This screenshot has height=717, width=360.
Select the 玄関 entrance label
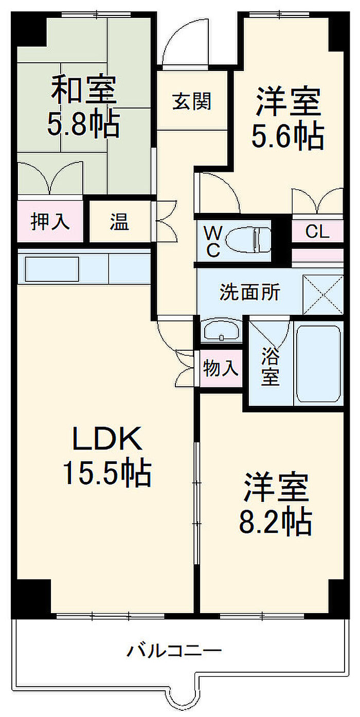(x=192, y=101)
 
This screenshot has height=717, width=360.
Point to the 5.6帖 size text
(x=287, y=136)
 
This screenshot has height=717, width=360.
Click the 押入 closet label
(x=50, y=222)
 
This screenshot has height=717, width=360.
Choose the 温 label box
(x=119, y=222)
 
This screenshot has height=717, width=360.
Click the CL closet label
(x=317, y=232)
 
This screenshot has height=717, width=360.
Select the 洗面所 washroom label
(x=250, y=292)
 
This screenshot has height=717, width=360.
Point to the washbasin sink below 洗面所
(x=221, y=331)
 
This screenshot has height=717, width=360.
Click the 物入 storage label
(x=221, y=368)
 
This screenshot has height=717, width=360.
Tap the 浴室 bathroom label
(x=271, y=366)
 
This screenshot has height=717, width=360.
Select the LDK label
(x=106, y=440)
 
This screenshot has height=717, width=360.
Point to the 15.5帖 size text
(x=106, y=474)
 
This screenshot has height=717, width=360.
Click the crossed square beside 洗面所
(x=322, y=295)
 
